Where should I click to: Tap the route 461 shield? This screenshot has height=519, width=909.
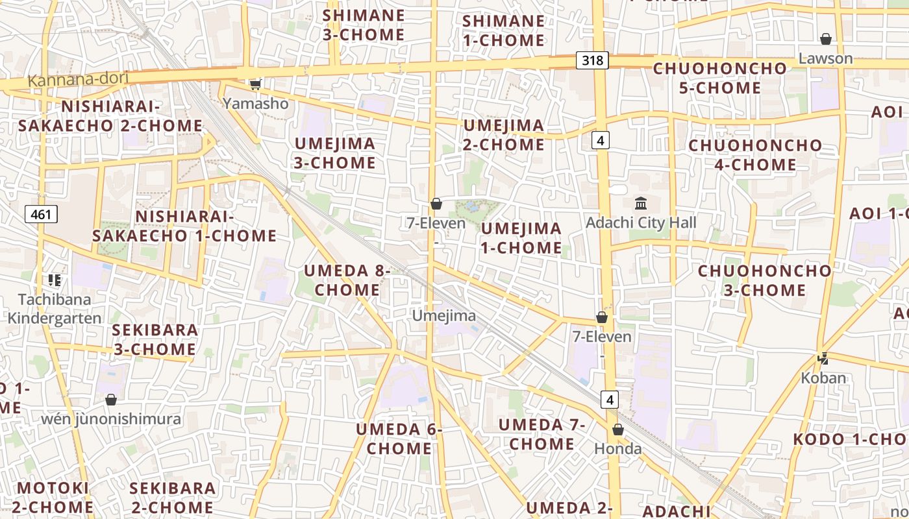point(41,214)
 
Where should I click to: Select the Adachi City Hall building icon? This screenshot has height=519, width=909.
point(641,204)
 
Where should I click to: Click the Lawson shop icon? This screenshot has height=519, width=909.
point(825,40)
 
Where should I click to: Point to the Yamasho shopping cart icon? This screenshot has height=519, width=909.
point(255,84)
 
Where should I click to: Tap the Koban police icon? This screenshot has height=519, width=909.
point(823,358)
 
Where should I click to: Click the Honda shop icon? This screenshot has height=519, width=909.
point(618,429)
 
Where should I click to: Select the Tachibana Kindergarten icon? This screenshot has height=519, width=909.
point(55,280)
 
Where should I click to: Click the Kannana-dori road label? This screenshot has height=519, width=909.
point(78,80)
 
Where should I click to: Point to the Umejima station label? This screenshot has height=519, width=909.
point(444,316)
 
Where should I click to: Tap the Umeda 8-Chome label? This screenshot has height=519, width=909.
point(347,280)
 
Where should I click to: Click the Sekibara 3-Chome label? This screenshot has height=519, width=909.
point(155,339)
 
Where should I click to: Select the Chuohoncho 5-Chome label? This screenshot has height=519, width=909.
point(719,78)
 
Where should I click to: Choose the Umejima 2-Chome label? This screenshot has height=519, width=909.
point(503,135)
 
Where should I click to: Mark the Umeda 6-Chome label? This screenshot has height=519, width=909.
point(399,439)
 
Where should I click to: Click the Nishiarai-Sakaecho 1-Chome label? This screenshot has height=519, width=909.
point(184,226)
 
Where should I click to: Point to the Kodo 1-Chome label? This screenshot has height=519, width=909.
point(851,439)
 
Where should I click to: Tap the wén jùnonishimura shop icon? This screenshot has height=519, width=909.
point(111,400)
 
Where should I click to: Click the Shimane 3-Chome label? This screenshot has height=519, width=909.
point(364,25)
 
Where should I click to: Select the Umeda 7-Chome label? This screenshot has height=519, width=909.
point(542,435)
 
